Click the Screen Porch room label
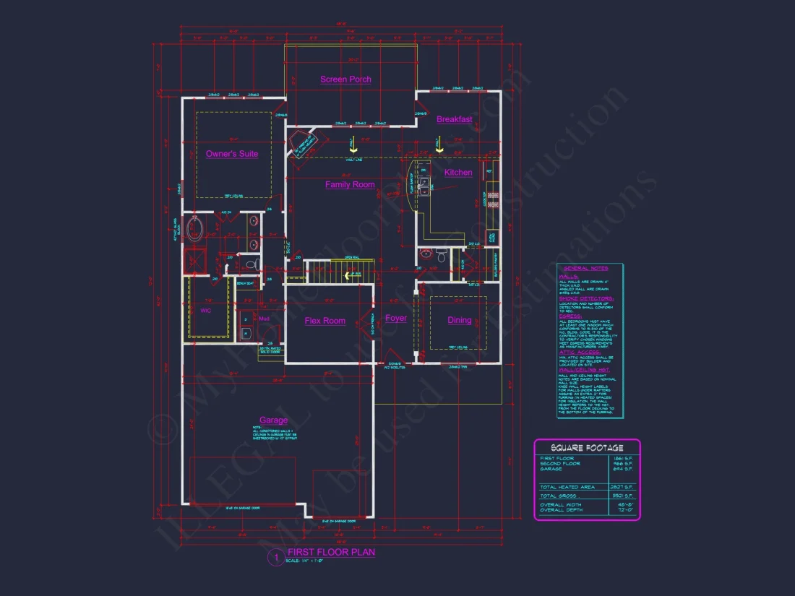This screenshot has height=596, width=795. click(x=345, y=79)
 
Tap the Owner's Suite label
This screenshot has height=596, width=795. click(x=231, y=154)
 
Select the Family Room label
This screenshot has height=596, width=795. click(x=350, y=185)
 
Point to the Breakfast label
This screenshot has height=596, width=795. click(x=455, y=119)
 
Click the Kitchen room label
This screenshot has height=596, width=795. click(x=458, y=173)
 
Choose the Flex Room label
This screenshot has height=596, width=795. click(x=325, y=321)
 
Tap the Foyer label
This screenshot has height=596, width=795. click(x=396, y=319)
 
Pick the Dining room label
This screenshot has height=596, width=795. click(x=460, y=320)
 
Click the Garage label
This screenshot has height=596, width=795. click(x=273, y=420)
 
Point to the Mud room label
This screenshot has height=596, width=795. click(x=264, y=318)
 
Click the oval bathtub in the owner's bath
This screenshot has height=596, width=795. click(x=195, y=230)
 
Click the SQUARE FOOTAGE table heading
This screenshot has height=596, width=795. click(x=587, y=448)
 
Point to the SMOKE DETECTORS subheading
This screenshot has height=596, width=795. click(x=586, y=298)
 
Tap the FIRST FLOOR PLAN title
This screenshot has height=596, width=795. click(x=331, y=553)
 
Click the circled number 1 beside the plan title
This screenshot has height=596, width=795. click(x=275, y=557)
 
